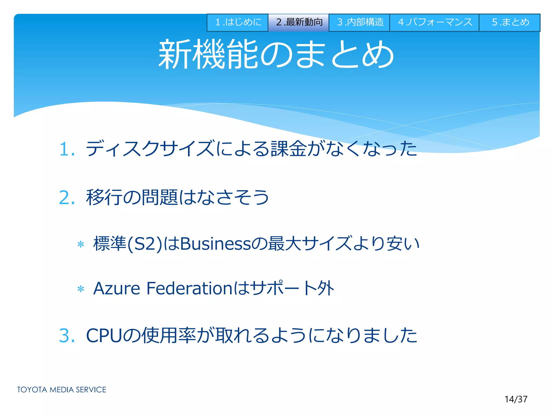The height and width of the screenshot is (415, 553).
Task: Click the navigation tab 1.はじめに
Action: pyautogui.click(x=237, y=22)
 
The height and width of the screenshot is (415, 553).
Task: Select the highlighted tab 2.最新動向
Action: pyautogui.click(x=298, y=22)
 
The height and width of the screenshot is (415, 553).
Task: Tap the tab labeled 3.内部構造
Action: pyautogui.click(x=359, y=22)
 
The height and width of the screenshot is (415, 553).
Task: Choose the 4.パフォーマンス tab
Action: pyautogui.click(x=434, y=22)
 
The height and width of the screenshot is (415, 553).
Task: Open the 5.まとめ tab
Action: pyautogui.click(x=510, y=22)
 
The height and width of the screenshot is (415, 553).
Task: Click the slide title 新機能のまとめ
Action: pyautogui.click(x=276, y=54)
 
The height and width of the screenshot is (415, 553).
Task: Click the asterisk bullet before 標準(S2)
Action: pyautogui.click(x=81, y=245)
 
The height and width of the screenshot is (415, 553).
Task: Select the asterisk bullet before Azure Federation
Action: pyautogui.click(x=81, y=289)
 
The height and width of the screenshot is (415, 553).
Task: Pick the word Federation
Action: pyautogui.click(x=189, y=288)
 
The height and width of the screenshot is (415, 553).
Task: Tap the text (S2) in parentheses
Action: pyautogui.click(x=144, y=244)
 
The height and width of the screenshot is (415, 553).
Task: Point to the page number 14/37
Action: pyautogui.click(x=516, y=399)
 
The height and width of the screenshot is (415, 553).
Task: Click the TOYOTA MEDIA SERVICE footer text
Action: pyautogui.click(x=62, y=390)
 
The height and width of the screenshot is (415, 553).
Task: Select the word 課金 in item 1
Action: pyautogui.click(x=289, y=149)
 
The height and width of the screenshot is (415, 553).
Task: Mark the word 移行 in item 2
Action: pyautogui.click(x=104, y=198)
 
